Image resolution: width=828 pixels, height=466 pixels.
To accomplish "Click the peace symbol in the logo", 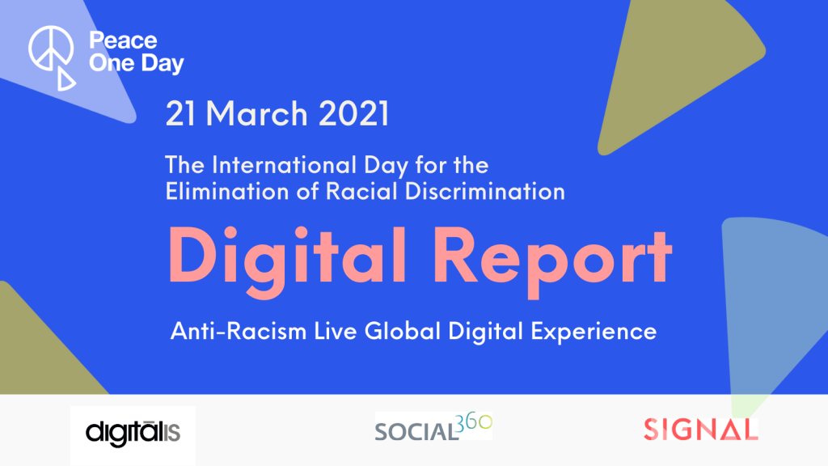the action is click(x=51, y=48).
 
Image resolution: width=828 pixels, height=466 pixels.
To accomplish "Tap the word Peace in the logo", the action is click(x=123, y=40).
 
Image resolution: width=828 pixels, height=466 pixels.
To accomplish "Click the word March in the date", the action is click(x=256, y=113).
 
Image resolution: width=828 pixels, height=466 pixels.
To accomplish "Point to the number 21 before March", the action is click(x=180, y=113).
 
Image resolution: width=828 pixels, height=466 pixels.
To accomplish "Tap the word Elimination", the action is click(x=227, y=191).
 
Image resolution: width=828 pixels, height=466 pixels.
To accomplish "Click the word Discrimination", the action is click(x=485, y=191).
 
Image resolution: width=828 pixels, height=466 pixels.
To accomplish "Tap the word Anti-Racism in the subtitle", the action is click(x=239, y=331).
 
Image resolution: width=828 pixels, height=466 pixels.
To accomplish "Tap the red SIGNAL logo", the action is click(x=701, y=429).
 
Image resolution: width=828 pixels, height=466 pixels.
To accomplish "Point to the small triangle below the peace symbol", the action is click(x=65, y=79).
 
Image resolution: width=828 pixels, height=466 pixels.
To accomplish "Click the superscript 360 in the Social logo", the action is click(x=474, y=422).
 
